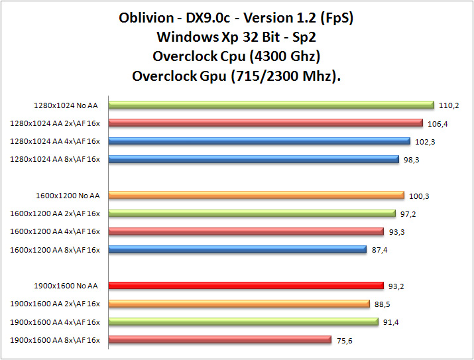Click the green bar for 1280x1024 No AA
[270, 105]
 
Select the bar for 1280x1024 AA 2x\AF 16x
[265, 123]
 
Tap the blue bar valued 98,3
[253, 159]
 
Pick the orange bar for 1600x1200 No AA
[256, 195]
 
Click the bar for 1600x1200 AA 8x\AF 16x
[237, 249]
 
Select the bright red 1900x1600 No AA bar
[246, 286]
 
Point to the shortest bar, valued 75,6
[219, 339]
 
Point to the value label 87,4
[380, 249]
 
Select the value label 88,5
[383, 304]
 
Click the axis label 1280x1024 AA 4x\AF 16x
[55, 141]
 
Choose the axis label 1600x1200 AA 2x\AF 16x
[55, 213]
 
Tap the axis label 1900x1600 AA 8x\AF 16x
[55, 340]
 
